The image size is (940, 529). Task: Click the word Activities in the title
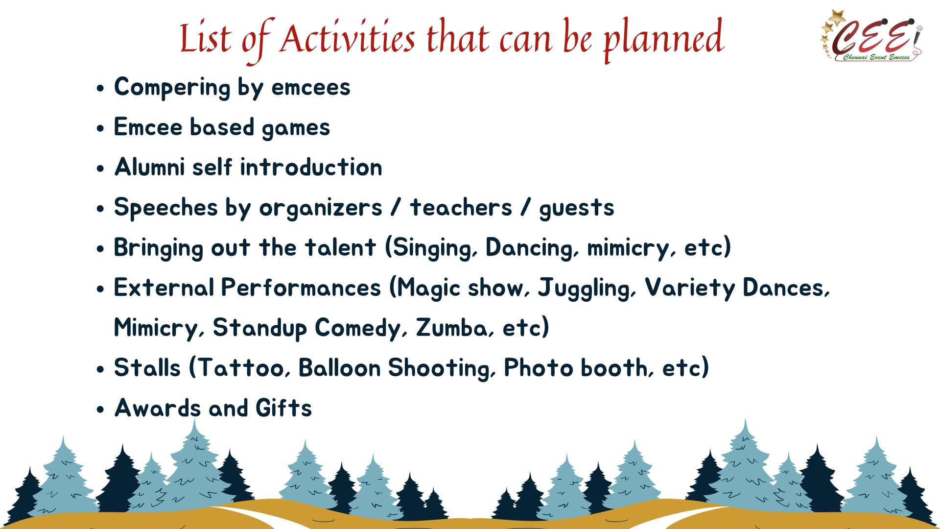(347, 38)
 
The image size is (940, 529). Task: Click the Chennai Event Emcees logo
(872, 36)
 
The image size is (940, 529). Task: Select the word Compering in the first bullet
(172, 88)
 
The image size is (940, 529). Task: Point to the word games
(296, 129)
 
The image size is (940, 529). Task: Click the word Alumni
(149, 167)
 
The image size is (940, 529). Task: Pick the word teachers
(461, 208)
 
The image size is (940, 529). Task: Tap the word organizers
(321, 209)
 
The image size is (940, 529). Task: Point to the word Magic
(428, 288)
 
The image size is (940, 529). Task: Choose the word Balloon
(339, 368)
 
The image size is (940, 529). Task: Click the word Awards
(157, 408)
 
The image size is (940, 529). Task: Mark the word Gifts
(283, 408)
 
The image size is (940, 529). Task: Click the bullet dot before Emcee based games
(100, 129)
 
